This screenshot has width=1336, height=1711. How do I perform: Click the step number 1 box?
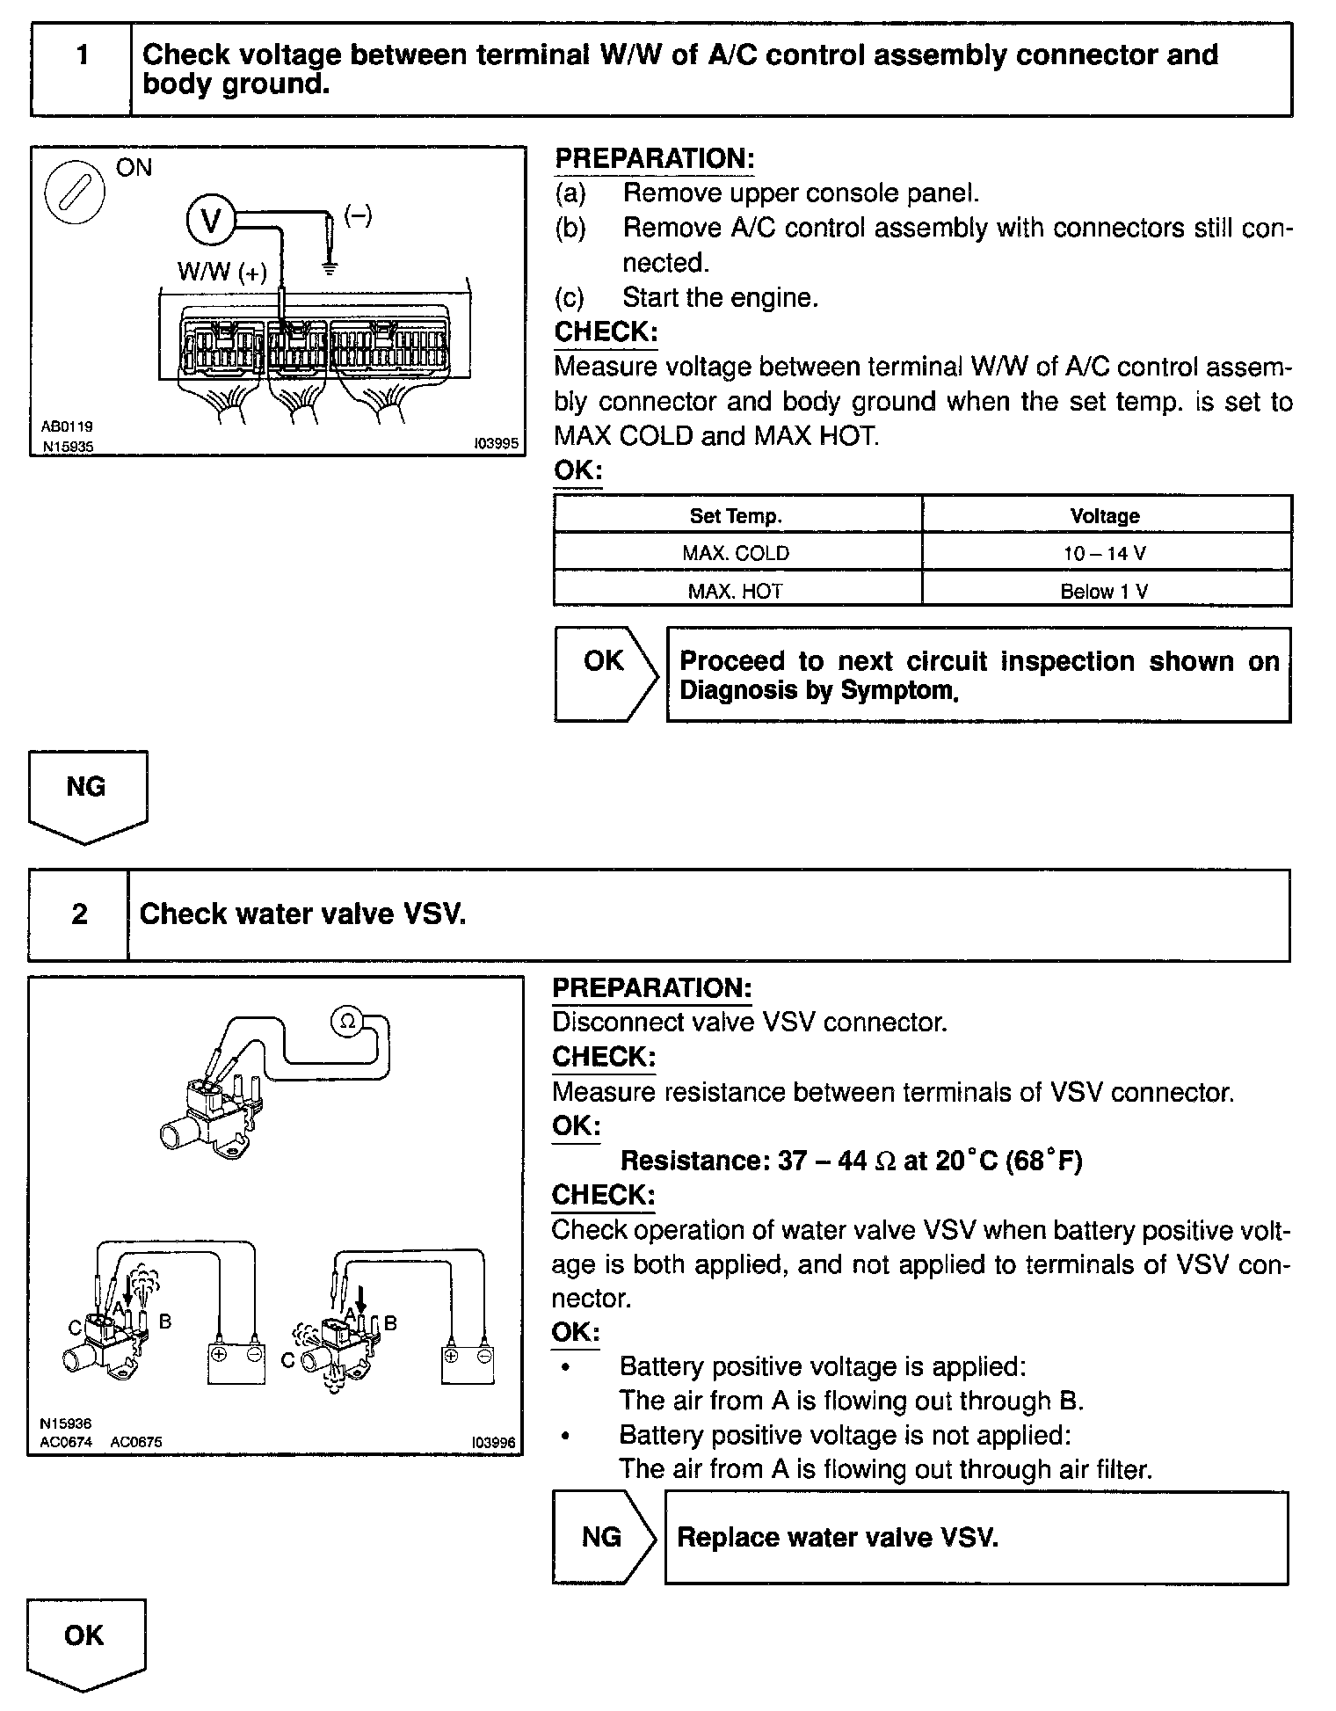[x=82, y=69]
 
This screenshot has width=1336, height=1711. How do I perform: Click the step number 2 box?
[x=79, y=914]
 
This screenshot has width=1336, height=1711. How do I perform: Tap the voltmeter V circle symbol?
[x=211, y=220]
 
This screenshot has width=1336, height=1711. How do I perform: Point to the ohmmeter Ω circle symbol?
[x=346, y=1021]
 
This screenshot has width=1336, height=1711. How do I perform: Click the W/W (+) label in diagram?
[x=221, y=271]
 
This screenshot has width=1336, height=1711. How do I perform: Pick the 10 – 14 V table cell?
[x=1106, y=554]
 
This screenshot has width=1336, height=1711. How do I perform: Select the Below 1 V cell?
[x=1106, y=591]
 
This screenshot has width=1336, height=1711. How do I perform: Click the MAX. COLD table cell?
[x=737, y=554]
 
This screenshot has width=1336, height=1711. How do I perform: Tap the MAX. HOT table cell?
[x=737, y=591]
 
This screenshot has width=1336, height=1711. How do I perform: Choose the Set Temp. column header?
[x=737, y=516]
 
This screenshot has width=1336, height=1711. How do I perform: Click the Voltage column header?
[x=1106, y=516]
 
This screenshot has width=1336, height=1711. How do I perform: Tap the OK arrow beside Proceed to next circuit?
[x=605, y=673]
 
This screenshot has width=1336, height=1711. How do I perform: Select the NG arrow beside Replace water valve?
[x=603, y=1537]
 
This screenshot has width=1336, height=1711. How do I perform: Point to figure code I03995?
[x=495, y=445]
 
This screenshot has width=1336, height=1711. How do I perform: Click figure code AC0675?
[x=136, y=1442]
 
